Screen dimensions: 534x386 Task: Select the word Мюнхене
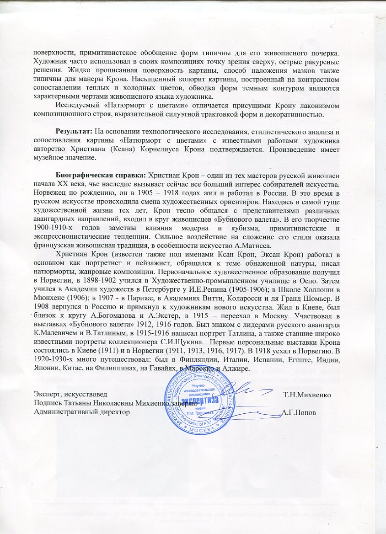click(48, 298)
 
